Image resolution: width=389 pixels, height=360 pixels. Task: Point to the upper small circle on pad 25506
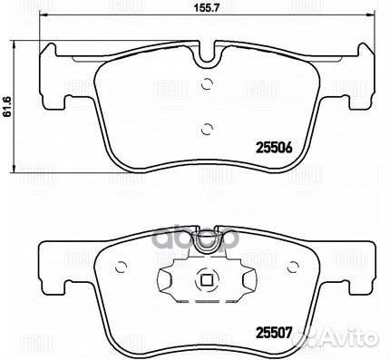207,86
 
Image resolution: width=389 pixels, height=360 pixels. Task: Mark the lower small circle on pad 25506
207,127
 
